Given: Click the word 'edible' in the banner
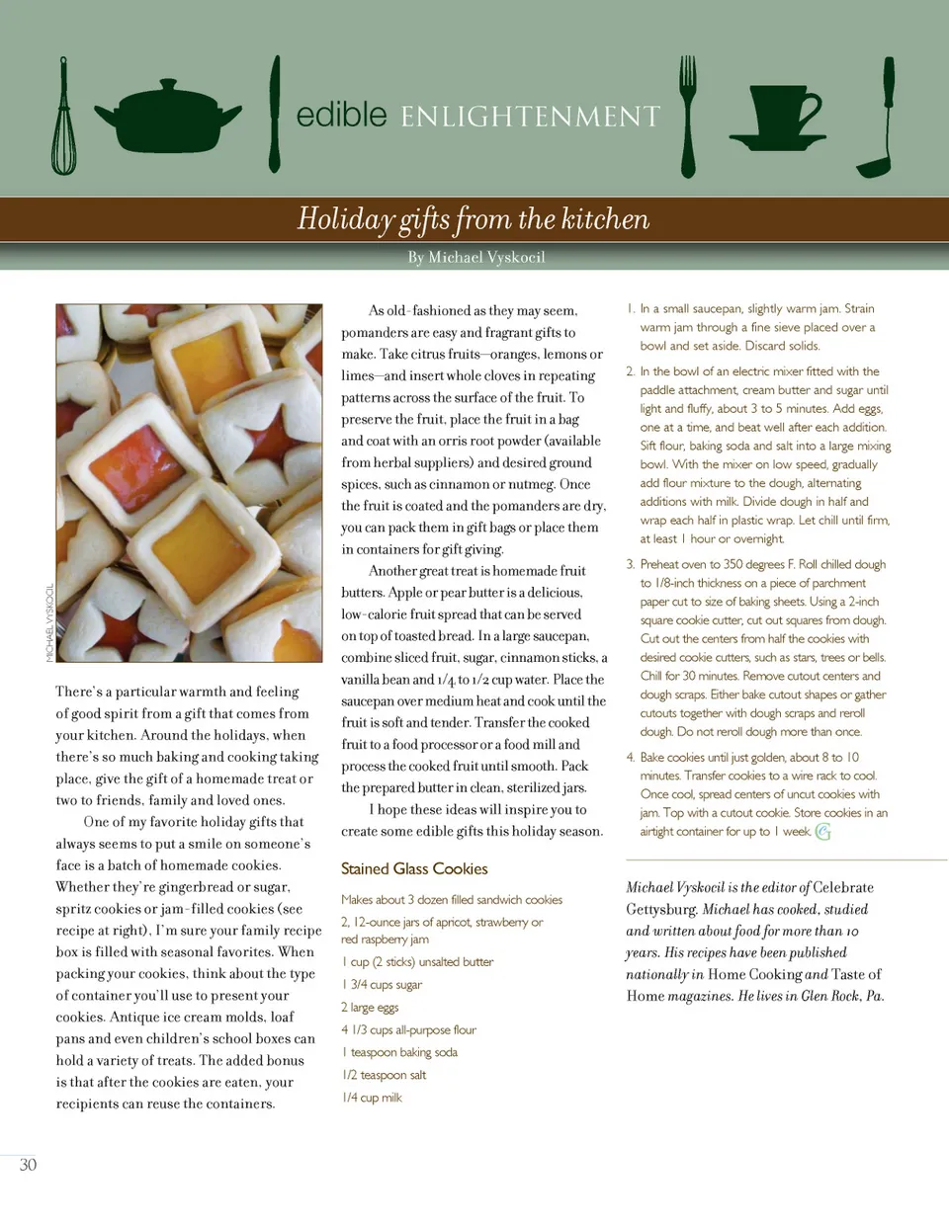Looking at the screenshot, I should click(341, 115).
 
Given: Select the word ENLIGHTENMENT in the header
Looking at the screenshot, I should click(530, 118).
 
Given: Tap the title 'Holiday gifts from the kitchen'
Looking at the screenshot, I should click(474, 218).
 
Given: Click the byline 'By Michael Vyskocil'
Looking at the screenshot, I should click(475, 258).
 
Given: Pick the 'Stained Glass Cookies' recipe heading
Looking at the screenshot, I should click(414, 869).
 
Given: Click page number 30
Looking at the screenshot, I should click(28, 1165).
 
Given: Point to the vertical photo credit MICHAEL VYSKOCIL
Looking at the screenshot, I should click(49, 622).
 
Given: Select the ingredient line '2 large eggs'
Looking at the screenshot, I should click(370, 1008).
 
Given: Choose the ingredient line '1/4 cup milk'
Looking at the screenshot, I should click(372, 1098).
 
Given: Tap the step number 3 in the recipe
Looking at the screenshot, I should click(630, 565).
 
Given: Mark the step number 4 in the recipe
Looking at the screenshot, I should click(630, 758).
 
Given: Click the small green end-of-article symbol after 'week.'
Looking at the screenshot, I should click(822, 832).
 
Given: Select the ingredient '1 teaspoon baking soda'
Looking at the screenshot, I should click(399, 1052).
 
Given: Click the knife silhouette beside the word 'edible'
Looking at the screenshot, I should click(275, 114).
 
